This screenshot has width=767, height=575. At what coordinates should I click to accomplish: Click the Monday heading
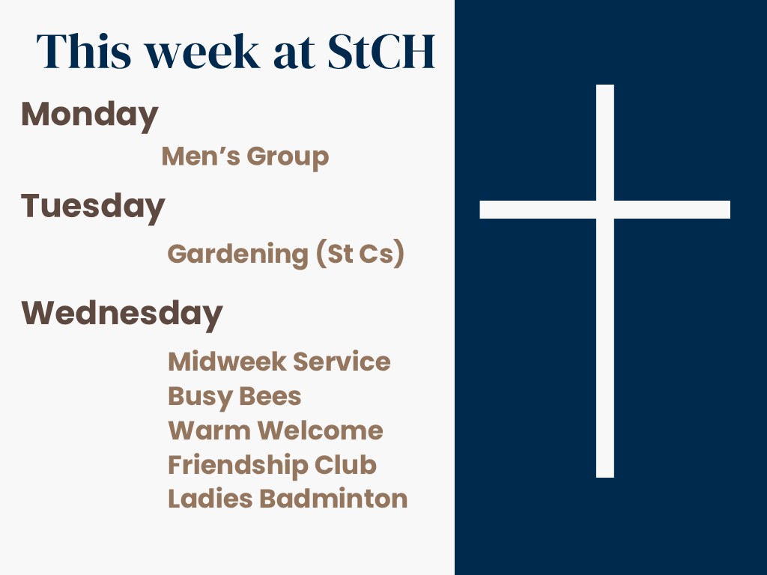90,115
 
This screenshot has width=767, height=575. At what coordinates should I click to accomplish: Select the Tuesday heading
93,207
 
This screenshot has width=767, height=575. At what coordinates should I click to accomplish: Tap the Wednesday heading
122,314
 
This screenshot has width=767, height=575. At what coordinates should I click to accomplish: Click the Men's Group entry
245,157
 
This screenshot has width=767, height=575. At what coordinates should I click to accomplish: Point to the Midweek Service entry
279,362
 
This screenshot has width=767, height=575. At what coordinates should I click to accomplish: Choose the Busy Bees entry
234,397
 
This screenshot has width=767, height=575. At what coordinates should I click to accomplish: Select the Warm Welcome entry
276,431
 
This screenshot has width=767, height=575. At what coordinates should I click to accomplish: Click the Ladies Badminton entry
288,499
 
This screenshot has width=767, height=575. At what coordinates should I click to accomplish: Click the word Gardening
237,255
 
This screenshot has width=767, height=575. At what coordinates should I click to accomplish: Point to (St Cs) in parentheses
360,254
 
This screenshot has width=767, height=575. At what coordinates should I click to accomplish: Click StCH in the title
381,52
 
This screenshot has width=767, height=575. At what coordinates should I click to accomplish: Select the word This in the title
84,52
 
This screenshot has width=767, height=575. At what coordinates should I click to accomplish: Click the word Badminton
333,499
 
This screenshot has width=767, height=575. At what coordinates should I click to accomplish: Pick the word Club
345,464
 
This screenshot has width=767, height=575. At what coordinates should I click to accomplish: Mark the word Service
342,362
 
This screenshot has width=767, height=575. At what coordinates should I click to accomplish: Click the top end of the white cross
605,85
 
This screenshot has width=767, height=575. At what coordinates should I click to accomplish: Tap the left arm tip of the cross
480,210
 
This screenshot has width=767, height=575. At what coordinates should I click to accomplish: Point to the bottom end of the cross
605,477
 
